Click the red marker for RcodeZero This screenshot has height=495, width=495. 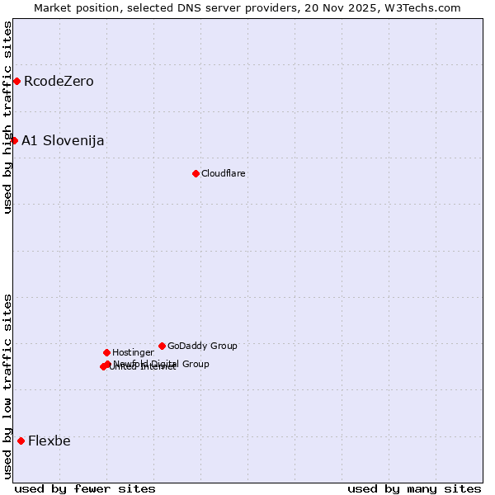click(16, 81)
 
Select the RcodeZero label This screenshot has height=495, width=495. click(59, 81)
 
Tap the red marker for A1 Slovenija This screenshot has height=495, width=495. click(14, 140)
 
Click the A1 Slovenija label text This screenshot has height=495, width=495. click(63, 140)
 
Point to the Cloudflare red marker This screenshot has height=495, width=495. click(196, 173)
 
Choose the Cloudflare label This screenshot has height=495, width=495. click(224, 173)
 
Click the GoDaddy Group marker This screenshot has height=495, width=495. click(162, 346)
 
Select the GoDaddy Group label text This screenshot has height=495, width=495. click(202, 346)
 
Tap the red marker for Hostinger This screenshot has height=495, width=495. click(106, 352)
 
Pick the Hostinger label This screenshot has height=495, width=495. click(133, 352)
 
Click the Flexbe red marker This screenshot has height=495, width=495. click(21, 441)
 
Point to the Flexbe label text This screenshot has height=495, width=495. click(49, 441)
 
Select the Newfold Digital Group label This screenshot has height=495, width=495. click(162, 363)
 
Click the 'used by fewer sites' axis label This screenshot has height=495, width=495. click(85, 488)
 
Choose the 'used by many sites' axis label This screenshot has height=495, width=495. click(414, 488)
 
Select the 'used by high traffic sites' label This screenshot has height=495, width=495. click(7, 117)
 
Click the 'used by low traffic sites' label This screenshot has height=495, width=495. click(7, 386)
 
